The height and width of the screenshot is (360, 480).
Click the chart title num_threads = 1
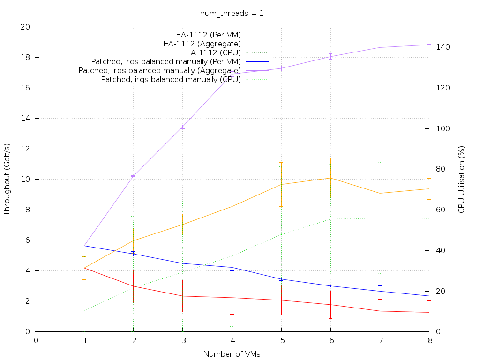(232, 13)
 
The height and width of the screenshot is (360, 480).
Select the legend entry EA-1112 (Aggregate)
(202, 44)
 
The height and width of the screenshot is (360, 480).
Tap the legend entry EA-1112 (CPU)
(213, 52)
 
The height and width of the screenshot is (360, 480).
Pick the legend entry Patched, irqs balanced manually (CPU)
(171, 80)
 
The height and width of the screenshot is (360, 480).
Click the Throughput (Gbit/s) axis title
(7, 179)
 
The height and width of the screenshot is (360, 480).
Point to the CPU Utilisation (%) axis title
(462, 179)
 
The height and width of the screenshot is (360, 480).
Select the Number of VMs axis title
(232, 354)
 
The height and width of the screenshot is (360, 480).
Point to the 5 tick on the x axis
(281, 341)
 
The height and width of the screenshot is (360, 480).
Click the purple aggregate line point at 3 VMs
(183, 127)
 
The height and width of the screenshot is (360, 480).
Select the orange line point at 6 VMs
(330, 178)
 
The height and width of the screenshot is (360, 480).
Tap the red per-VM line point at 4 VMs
(232, 298)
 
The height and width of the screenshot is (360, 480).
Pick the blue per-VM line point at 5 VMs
(281, 279)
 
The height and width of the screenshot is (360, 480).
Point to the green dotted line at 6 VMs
(330, 219)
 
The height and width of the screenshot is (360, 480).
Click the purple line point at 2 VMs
(134, 176)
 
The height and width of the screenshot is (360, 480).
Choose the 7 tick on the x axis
(380, 341)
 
